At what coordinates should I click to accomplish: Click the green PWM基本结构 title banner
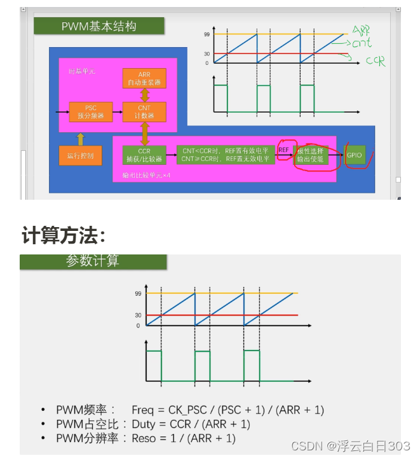coord(98,26)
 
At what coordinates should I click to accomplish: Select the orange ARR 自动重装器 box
coord(144,78)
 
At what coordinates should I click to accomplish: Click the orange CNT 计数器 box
coord(144,112)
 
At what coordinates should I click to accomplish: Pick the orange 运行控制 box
coord(80,155)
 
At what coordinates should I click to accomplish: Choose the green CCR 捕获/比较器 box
coord(144,155)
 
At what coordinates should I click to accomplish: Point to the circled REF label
coord(284,149)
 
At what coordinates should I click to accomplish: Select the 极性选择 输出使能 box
coord(311,155)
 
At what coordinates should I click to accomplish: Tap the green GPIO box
coord(355,155)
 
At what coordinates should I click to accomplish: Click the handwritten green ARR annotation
coord(361,30)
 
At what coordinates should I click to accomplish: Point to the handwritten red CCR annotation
coord(376,62)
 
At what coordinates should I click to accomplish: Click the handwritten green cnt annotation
coord(362,44)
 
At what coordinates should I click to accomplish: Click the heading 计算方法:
coord(63,235)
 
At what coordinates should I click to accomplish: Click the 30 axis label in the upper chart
coord(207,53)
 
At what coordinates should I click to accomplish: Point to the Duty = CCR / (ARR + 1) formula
coord(191,424)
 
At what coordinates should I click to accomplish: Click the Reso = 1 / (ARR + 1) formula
coord(183,438)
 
